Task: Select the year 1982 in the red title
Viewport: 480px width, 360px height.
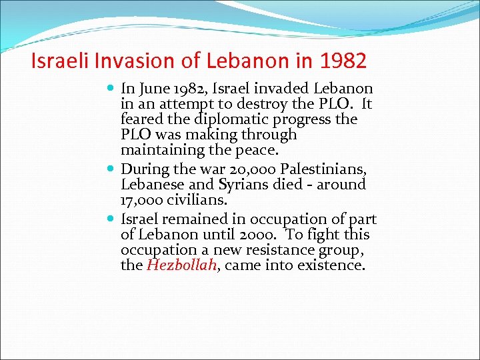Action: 343,61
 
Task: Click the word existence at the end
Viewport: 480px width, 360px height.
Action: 332,265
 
